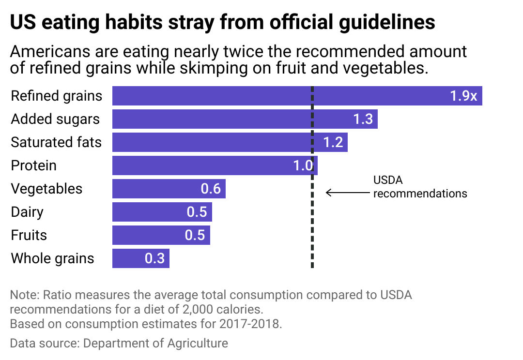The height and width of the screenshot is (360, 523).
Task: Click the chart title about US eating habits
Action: coord(223,23)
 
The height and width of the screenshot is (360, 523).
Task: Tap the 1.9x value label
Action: coord(463,96)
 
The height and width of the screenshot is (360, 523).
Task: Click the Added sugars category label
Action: coord(55,119)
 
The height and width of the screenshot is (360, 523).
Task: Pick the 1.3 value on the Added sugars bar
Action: coord(363,119)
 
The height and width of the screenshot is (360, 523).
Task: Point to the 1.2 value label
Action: coord(333,142)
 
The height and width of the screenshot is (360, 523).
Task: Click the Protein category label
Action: coord(33,165)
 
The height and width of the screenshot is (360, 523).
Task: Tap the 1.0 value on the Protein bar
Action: coord(303,165)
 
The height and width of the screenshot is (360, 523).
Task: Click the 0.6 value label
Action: coord(211,189)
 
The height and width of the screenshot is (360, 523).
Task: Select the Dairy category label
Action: coord(27,212)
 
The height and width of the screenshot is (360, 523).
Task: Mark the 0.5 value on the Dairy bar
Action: coord(197,212)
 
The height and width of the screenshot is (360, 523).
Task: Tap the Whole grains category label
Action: coord(52,258)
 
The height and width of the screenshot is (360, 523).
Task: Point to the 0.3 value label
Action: coord(154,258)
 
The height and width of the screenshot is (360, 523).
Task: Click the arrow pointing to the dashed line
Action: coord(347,193)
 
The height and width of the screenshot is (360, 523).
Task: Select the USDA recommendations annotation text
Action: coord(419,187)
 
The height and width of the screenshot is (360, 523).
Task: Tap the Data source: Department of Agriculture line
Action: coord(119,344)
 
